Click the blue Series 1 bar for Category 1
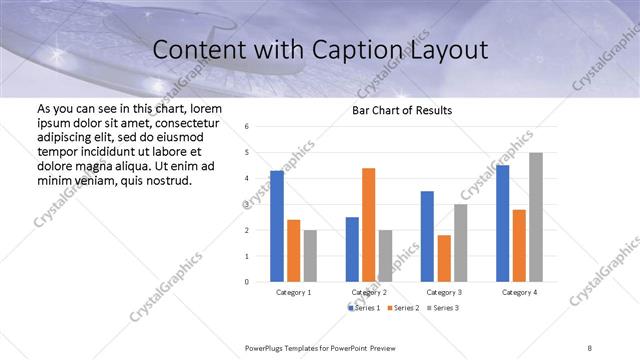277,226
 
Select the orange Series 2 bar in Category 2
368,225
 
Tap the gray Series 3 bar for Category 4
536,217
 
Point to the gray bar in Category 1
309,256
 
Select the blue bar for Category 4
503,223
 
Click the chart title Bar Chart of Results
402,110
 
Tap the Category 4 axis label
519,292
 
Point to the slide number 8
589,346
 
